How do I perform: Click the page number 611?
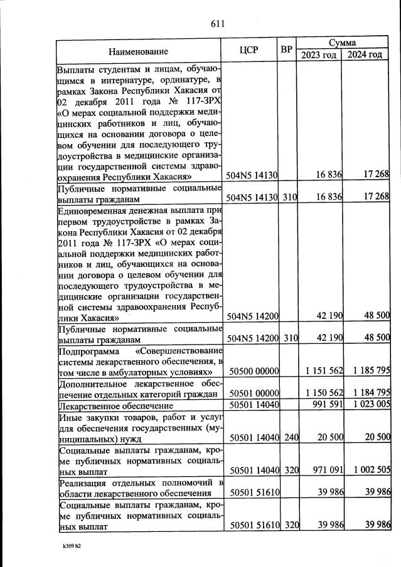[x=218, y=24]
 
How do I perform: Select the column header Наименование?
[x=138, y=50]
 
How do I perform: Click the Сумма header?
[x=342, y=43]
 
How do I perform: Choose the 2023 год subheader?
[x=319, y=55]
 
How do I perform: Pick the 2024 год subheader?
[x=365, y=55]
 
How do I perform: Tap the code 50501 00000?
[x=254, y=393]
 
